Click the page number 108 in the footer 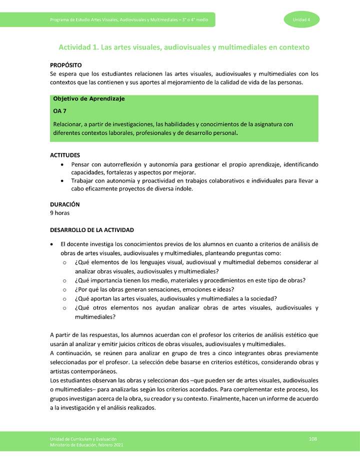[313, 438]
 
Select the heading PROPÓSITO [66, 65]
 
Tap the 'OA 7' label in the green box [60, 111]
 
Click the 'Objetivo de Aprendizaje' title [88, 99]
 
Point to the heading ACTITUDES [65, 155]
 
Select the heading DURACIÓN [65, 204]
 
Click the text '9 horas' [60, 213]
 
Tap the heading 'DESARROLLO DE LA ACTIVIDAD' [92, 230]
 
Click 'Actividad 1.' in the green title [79, 47]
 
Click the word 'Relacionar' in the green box [67, 124]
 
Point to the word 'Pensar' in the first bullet [81, 164]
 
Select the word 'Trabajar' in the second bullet [83, 180]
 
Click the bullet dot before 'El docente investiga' [53, 244]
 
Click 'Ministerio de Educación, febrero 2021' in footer [86, 444]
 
